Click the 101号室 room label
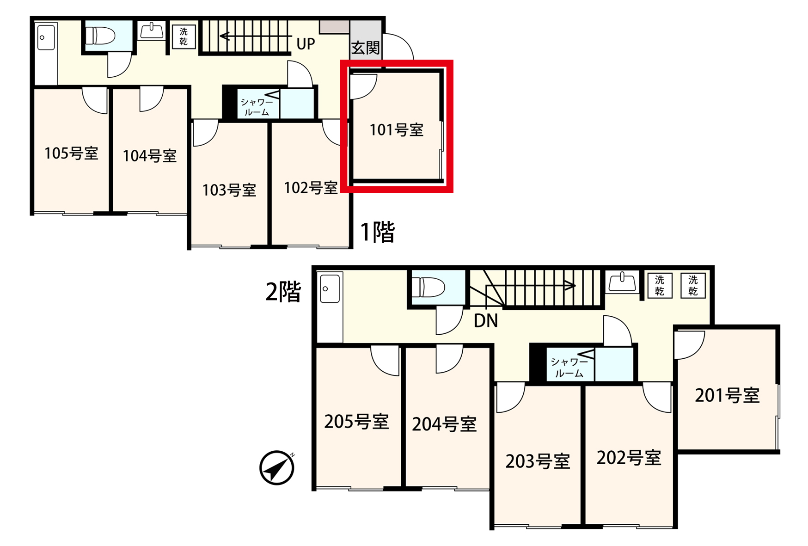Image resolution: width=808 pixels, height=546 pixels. click(x=397, y=130)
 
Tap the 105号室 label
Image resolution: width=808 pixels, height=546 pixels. click(x=71, y=153)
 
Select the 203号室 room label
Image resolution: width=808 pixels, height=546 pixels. click(x=538, y=461)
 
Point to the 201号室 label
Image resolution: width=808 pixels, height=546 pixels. click(x=728, y=395)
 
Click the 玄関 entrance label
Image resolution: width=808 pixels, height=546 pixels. click(x=366, y=48)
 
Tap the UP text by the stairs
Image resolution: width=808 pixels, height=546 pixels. click(x=306, y=44)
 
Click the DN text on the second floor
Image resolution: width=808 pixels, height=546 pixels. click(x=486, y=321)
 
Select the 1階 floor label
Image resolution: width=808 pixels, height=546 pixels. click(x=378, y=232)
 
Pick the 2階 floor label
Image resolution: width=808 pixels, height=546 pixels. click(x=283, y=292)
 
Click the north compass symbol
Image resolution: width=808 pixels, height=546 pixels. click(x=277, y=468)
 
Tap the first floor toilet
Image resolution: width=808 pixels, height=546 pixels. click(x=101, y=35)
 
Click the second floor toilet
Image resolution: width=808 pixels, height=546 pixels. click(x=428, y=287)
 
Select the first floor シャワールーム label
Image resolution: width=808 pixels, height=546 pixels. click(x=257, y=107)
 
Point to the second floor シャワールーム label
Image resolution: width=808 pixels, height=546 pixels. click(x=569, y=368)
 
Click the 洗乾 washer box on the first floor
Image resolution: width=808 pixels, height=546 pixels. click(x=184, y=37)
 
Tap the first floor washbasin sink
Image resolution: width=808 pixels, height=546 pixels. click(x=152, y=31)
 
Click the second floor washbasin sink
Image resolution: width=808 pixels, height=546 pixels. click(x=623, y=282)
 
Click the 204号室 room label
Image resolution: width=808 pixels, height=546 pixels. click(x=444, y=424)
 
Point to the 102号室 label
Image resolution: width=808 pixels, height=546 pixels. click(x=311, y=188)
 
